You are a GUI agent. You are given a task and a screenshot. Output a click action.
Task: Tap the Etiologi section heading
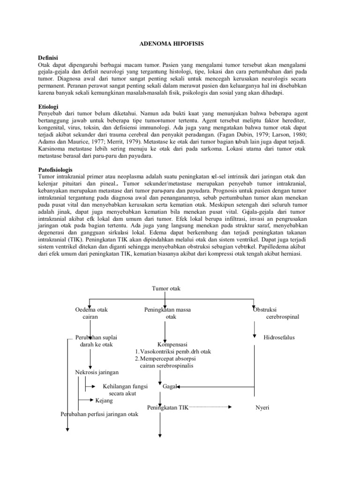point(49,107)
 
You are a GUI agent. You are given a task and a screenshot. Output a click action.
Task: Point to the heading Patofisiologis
point(55,169)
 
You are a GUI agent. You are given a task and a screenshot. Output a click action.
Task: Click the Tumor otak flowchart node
point(166,289)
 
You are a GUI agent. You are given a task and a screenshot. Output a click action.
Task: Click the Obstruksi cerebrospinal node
point(275,314)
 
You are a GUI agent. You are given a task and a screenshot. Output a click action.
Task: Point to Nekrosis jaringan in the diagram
point(97,372)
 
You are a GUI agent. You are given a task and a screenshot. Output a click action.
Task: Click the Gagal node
point(170,387)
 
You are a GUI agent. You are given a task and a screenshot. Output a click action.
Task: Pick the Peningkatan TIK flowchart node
point(167,408)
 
